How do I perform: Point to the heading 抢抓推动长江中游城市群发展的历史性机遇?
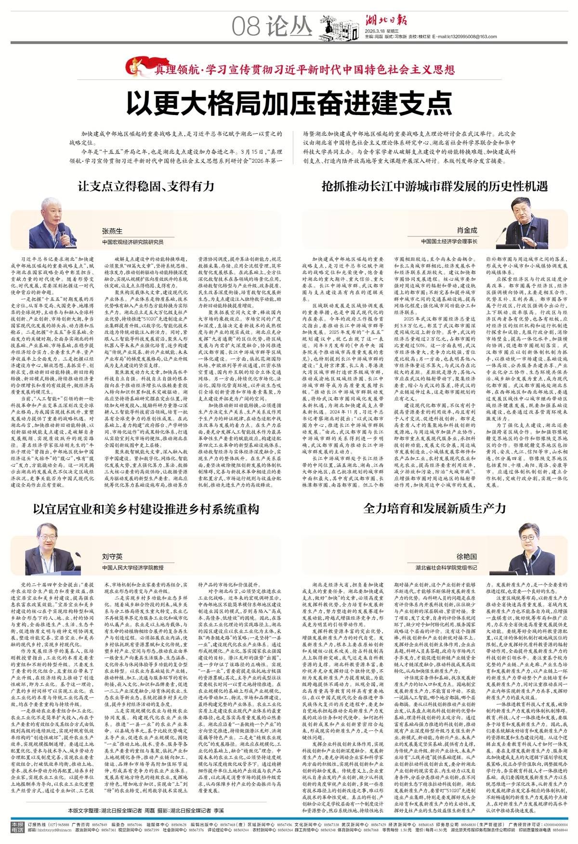pos(434,186)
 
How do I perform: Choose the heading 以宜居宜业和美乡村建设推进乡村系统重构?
pos(146,509)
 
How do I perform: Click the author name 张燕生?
pos(112,231)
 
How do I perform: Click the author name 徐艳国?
pos(466,556)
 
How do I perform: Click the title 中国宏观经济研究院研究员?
pos(132,242)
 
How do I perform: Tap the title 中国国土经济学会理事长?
pos(449,241)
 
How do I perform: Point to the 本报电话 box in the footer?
pos(17,826)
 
